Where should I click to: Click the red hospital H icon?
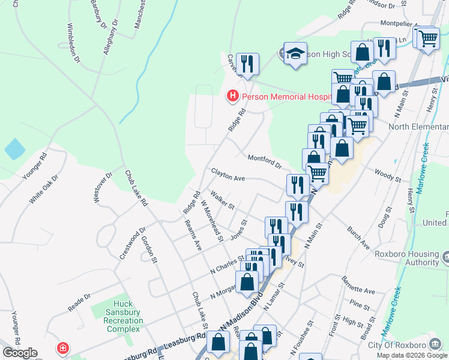click(x=232, y=96)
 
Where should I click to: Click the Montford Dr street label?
click(x=264, y=160)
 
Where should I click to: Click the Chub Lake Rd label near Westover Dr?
click(x=136, y=188)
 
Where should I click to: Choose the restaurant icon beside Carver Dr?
click(x=247, y=62)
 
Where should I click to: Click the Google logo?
click(x=19, y=353)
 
